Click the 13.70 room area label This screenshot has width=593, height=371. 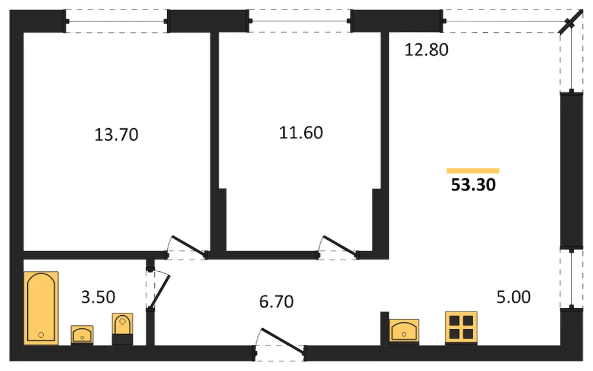point(116,134)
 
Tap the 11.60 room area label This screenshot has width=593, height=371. point(301,132)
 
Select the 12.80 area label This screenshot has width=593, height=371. point(426,50)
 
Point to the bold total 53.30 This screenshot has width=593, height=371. point(473,185)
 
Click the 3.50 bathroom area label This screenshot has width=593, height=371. point(98,297)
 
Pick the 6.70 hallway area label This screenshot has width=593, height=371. point(276,302)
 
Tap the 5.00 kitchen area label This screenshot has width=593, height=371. point(513,297)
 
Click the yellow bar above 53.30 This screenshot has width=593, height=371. point(473,171)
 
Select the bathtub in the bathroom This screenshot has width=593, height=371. point(42,308)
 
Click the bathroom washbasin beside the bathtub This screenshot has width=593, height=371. point(82,335)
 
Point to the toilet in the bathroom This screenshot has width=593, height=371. point(123,329)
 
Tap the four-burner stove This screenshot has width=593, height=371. point(461,328)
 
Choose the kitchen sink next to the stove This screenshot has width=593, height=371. point(404,331)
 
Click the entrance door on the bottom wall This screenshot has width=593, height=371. point(283,343)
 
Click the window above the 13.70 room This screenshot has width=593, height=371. point(116,21)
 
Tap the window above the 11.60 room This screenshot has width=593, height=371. point(300,21)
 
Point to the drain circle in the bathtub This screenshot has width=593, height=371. point(41,335)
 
